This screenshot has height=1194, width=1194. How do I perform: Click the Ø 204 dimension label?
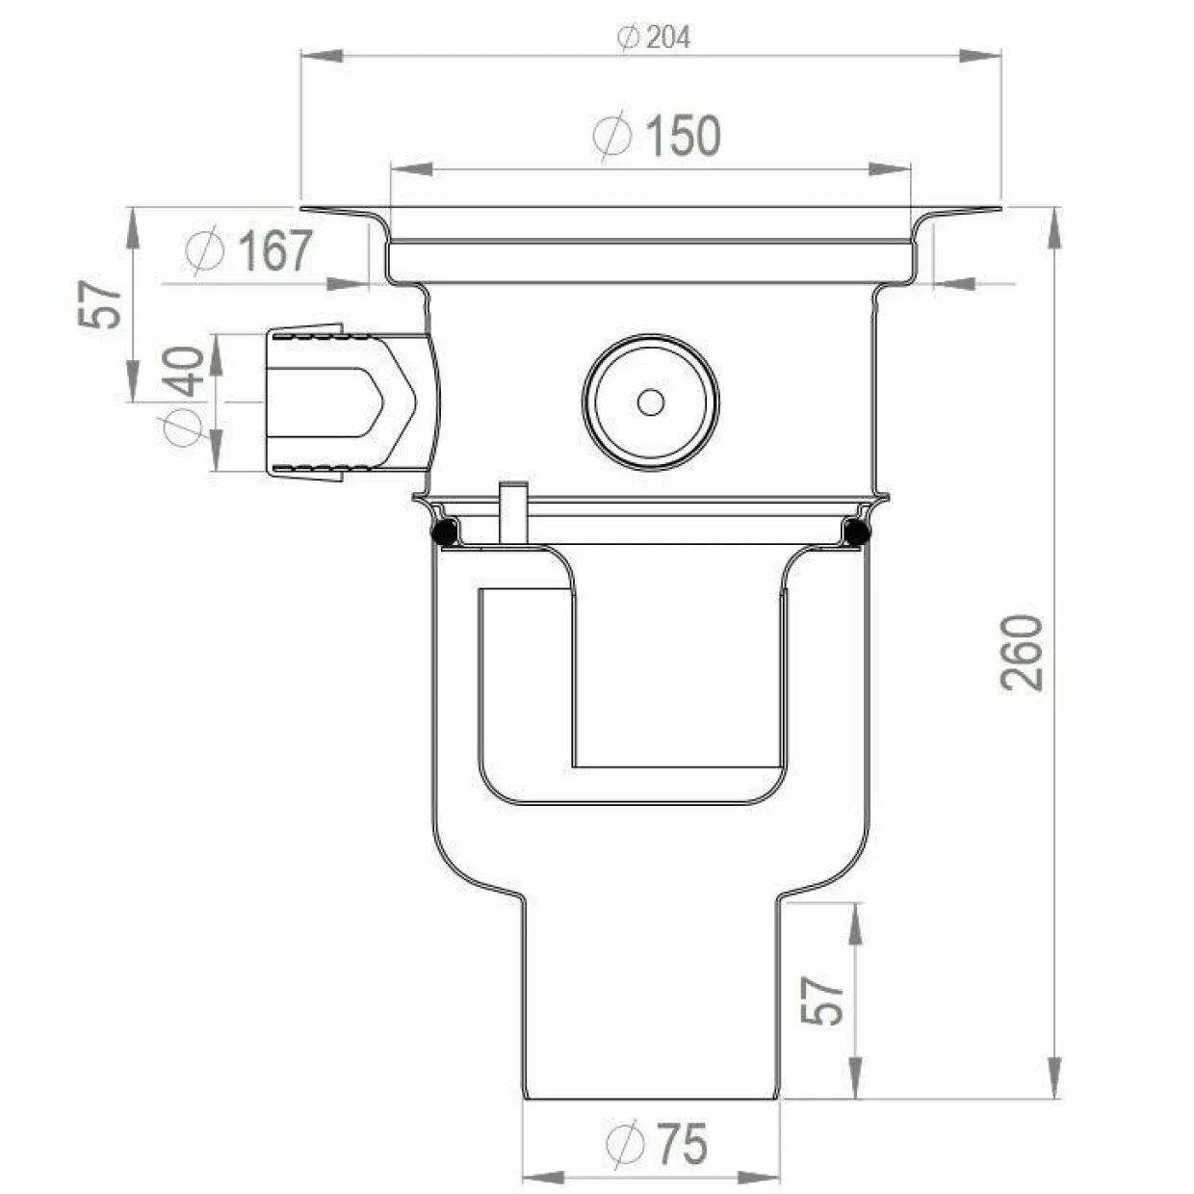653,38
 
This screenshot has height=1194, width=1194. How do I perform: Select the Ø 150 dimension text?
657,137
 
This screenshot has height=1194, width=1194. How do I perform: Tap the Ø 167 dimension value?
248,250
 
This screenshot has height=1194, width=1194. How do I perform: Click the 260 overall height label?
1022,653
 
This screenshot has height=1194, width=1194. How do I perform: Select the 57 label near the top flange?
99,304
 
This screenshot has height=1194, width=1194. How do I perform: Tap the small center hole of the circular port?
651,402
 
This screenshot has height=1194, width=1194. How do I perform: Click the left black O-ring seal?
444,532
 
